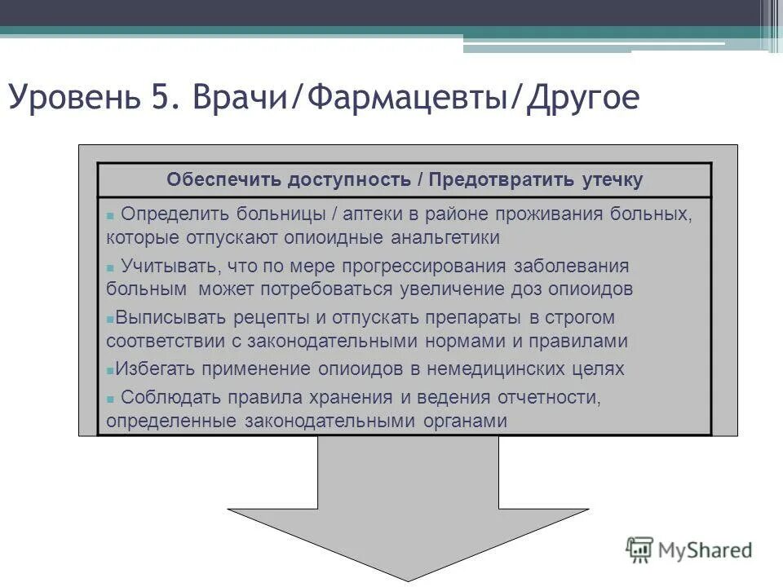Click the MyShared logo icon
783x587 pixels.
[x=639, y=549]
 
